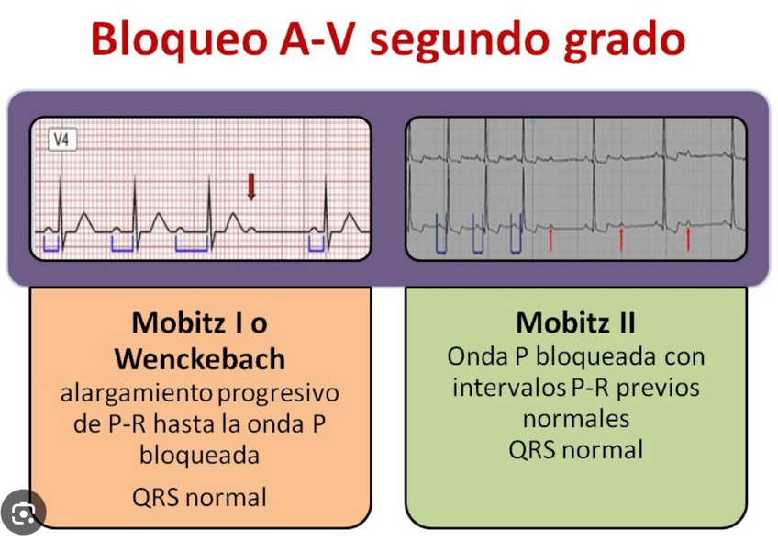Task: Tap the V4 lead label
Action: pos(62,141)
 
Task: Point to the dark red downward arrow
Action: pos(250,186)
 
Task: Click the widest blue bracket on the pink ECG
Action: pos(193,244)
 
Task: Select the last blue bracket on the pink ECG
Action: pos(317,243)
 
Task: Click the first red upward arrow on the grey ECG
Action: pos(550,238)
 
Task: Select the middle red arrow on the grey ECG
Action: pos(621,238)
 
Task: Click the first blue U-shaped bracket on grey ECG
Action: pos(441,234)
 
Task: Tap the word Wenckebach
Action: pos(200,357)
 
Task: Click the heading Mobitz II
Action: pos(575,322)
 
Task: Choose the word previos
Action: pos(654,387)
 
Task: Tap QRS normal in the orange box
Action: pos(199,497)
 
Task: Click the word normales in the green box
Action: pos(575,418)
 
